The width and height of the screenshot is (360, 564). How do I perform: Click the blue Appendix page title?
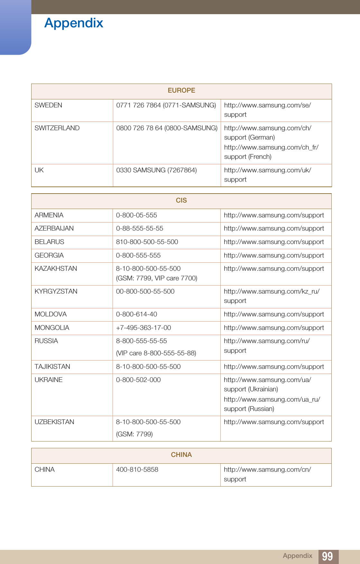click(74, 23)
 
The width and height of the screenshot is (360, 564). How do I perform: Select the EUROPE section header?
click(181, 90)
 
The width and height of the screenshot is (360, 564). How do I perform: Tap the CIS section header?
click(181, 200)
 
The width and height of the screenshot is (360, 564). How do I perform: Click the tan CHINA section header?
click(181, 455)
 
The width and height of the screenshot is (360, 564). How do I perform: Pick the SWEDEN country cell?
click(49, 105)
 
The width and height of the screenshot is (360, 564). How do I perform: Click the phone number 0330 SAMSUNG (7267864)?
click(156, 170)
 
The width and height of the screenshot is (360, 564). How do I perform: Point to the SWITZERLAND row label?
click(57, 128)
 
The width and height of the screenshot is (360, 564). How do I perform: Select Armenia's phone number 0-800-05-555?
click(136, 215)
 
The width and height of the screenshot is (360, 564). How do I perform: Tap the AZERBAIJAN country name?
click(54, 228)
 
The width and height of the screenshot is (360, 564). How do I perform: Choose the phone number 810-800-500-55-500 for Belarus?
click(147, 242)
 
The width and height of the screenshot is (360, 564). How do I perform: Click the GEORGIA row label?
click(49, 255)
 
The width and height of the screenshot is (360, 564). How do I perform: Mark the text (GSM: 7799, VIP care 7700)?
click(157, 278)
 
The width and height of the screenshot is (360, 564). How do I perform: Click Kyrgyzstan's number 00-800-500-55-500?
click(145, 291)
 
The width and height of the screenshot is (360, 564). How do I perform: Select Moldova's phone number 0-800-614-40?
click(136, 314)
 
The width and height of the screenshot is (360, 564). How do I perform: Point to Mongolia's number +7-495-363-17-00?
click(143, 328)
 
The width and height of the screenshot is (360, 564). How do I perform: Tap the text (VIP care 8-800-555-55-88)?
click(156, 353)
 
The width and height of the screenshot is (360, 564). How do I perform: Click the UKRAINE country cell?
click(49, 380)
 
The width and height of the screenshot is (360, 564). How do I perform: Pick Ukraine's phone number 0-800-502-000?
click(138, 380)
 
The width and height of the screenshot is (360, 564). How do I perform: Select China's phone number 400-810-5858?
click(137, 469)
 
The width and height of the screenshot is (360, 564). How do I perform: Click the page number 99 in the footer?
click(327, 556)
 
